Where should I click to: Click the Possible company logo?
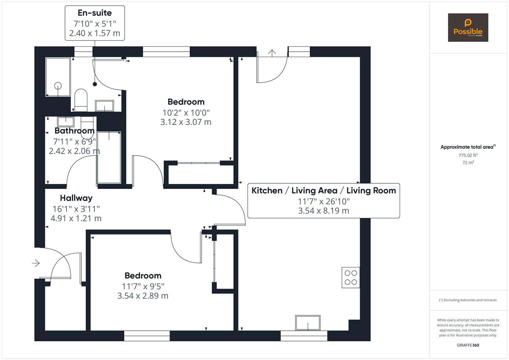tap(468, 27)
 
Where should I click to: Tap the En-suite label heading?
tap(95, 13)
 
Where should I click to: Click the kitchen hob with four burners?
tap(351, 277)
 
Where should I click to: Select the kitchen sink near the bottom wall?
tap(308, 323)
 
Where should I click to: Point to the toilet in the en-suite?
tap(81, 100)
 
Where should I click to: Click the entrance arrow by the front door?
tap(36, 263)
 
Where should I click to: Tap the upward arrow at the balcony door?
tap(272, 53)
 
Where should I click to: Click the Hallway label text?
tap(76, 198)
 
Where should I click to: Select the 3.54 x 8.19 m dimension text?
tap(324, 211)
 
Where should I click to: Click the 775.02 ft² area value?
tap(468, 155)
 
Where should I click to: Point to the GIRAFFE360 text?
tap(468, 345)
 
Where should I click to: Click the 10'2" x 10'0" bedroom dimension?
tap(186, 113)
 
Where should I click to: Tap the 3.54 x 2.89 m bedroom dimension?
tap(143, 296)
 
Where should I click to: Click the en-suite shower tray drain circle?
tap(58, 86)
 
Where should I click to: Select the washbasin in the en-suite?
tap(104, 106)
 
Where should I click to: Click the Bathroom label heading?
tap(75, 131)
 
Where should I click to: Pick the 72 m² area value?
tap(468, 163)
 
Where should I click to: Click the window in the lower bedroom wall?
tap(147, 336)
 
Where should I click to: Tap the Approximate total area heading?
tap(468, 147)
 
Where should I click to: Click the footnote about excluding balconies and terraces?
tap(468, 300)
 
